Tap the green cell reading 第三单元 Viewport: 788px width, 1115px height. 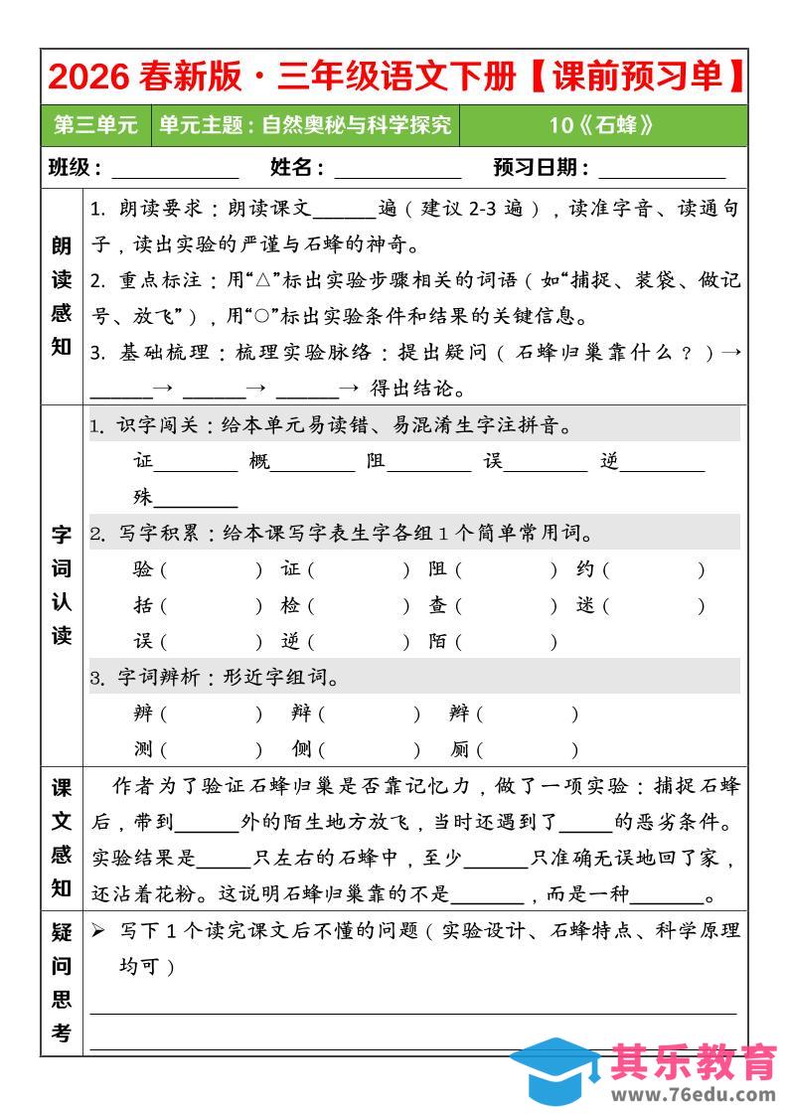point(95,125)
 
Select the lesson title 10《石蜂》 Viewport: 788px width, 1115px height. point(602,125)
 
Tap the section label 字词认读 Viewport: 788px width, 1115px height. point(62,585)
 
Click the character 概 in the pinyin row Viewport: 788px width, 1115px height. point(260,462)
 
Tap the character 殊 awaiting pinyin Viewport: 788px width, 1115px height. point(144,498)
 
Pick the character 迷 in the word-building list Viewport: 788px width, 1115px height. point(586,605)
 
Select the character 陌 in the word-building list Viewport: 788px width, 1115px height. point(438,641)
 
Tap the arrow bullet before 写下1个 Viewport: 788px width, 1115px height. point(97,931)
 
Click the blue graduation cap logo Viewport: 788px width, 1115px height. point(556,1071)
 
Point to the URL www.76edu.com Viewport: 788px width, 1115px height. point(693,1095)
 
